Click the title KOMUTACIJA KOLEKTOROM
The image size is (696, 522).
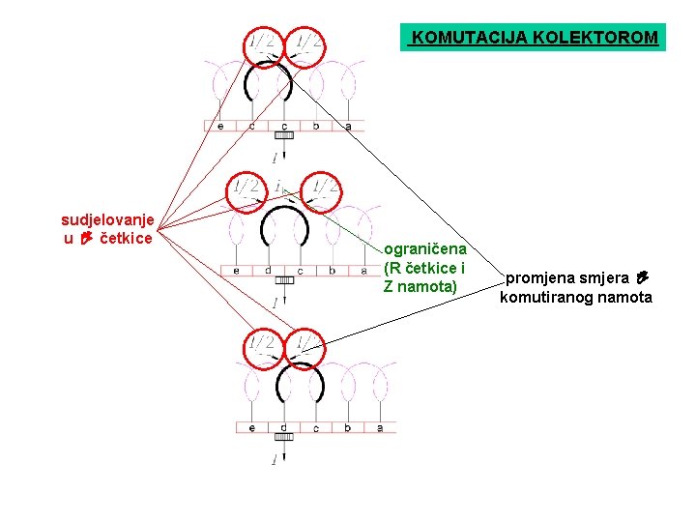coord(535,38)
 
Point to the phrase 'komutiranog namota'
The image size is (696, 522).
coord(576,297)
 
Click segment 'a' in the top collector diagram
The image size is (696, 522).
coord(348,126)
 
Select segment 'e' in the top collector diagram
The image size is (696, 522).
coord(220,126)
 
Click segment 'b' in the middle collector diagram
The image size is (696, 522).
coord(332,271)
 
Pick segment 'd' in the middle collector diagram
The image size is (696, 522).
coord(268,271)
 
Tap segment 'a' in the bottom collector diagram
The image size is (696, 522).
coord(380,427)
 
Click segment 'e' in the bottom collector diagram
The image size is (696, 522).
coord(252,427)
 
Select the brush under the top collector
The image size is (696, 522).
coord(283,138)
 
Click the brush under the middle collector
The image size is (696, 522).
coord(284,281)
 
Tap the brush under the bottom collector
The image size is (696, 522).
coord(283,439)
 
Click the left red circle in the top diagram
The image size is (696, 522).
coord(262,44)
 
